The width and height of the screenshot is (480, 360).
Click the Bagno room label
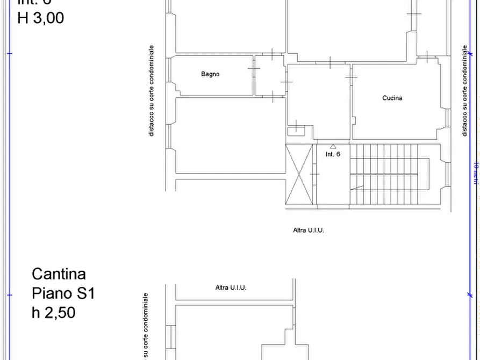[x=210, y=74]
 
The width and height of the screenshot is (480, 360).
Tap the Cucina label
[x=392, y=98]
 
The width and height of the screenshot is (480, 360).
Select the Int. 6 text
[x=333, y=154]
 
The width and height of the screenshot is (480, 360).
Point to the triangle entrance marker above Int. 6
[x=333, y=146]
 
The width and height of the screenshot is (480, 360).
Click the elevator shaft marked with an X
[x=299, y=174]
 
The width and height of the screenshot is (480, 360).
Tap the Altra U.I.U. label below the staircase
[x=308, y=230]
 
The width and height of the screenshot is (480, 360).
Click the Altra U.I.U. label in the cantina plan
[x=231, y=287]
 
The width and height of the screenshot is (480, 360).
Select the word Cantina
[x=59, y=274]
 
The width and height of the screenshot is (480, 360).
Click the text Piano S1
[x=63, y=293]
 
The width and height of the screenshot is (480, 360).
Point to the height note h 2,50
[x=53, y=313]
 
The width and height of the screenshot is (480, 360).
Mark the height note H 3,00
[x=41, y=18]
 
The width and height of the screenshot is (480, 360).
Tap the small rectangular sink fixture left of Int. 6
[x=296, y=129]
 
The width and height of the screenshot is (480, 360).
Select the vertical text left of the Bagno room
[x=152, y=90]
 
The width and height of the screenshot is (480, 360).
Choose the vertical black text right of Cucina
[x=464, y=90]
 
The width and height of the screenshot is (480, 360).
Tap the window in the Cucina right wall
[x=447, y=117]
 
